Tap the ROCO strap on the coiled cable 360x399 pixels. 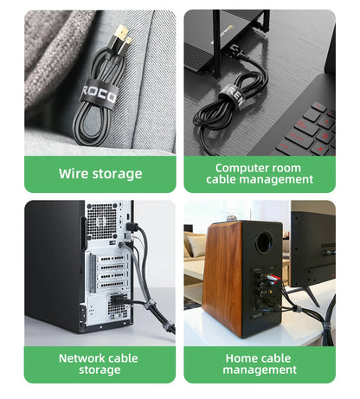pyautogui.click(x=98, y=93)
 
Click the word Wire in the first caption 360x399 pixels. pyautogui.click(x=74, y=173)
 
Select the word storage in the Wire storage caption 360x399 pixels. pyautogui.click(x=116, y=173)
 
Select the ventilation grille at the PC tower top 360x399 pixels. pyautogui.click(x=101, y=220)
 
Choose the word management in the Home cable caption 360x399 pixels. pyautogui.click(x=260, y=370)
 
